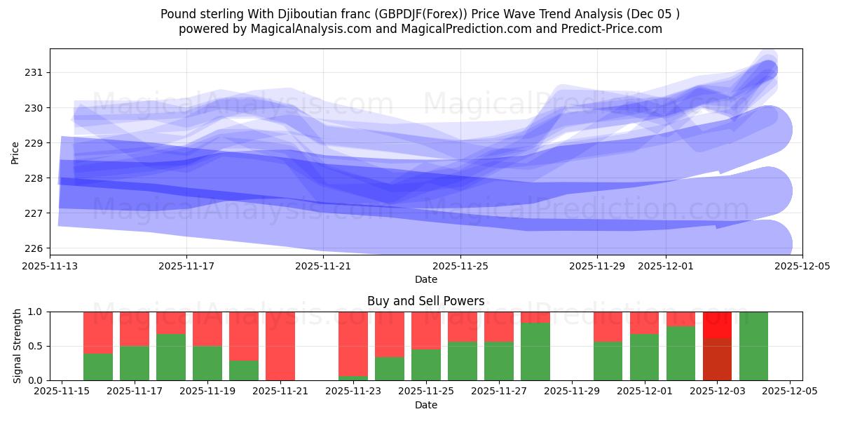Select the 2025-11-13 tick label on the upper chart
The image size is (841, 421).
[x=50, y=267]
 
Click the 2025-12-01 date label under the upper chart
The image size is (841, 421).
[x=666, y=267]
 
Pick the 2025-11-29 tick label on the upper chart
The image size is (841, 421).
[x=597, y=267]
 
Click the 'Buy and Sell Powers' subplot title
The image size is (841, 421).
[x=425, y=301]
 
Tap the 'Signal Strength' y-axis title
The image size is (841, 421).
[x=18, y=346]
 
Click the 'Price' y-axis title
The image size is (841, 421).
[x=15, y=152]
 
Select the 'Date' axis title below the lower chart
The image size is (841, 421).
[x=425, y=405]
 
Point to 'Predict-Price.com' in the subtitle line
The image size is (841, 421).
[x=610, y=29]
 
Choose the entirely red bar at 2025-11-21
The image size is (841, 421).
[x=280, y=346]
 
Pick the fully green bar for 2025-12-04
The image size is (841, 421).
[x=753, y=346]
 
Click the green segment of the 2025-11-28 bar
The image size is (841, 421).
[x=535, y=352]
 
